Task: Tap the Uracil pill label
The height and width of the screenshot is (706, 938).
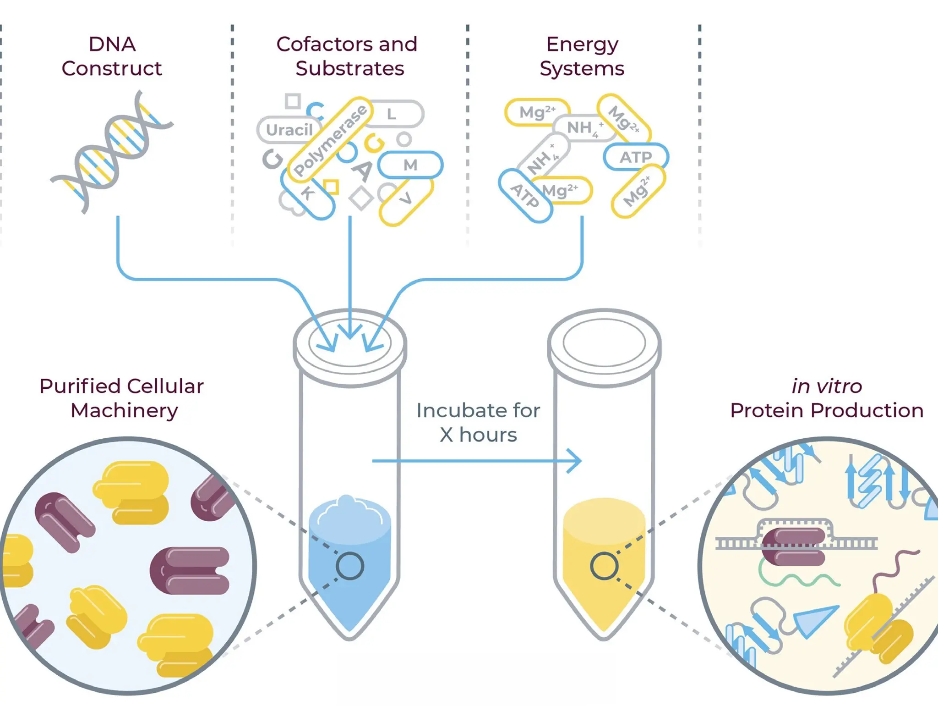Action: [x=289, y=130]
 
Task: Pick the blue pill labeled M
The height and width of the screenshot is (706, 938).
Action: [x=410, y=165]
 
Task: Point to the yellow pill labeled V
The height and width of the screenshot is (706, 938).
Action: [x=406, y=200]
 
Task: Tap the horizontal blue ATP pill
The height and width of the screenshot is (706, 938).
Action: [x=636, y=157]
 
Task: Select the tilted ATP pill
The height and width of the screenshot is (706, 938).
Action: [x=525, y=195]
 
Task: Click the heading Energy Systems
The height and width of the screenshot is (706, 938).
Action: [x=582, y=56]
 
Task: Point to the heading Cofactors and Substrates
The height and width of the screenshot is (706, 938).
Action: [x=347, y=56]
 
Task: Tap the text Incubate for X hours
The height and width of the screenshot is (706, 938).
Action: [x=478, y=422]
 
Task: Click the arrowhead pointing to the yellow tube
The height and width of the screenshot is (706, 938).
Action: [x=575, y=460]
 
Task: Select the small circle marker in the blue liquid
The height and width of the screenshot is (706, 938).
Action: [x=350, y=566]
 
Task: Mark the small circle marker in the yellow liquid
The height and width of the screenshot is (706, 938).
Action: [x=604, y=566]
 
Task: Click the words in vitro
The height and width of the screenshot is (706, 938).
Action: [x=827, y=386]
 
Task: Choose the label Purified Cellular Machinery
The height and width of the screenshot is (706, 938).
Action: [x=122, y=398]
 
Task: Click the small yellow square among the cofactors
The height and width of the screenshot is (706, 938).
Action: [x=331, y=187]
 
